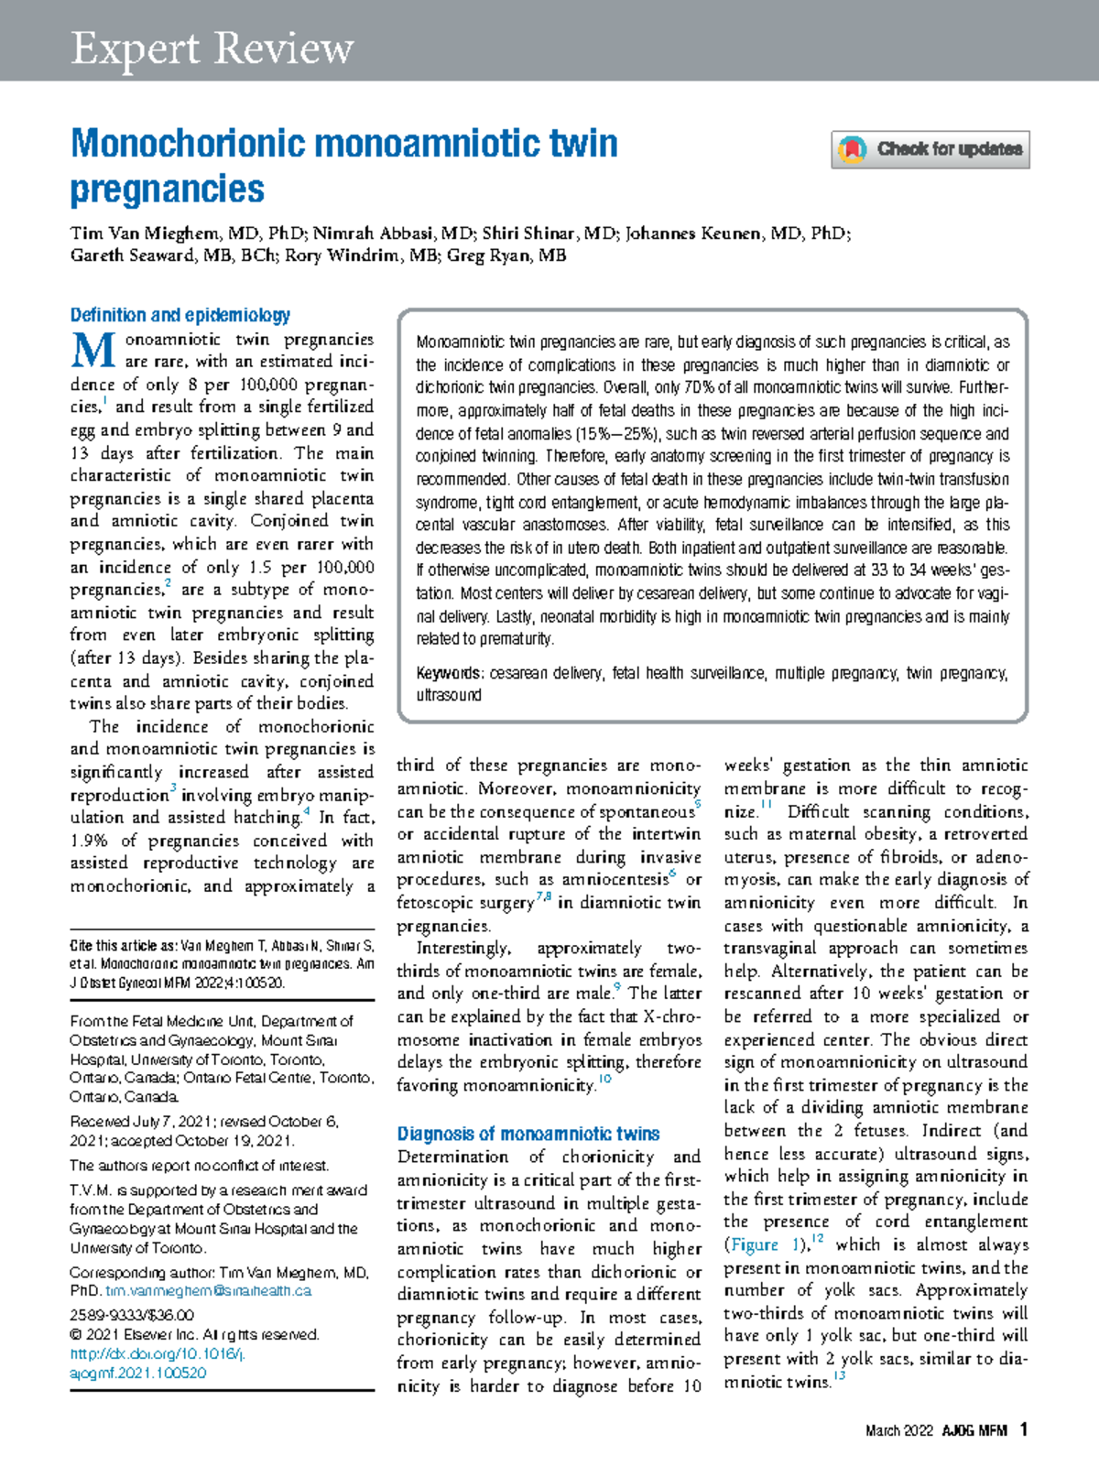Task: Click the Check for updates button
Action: click(930, 149)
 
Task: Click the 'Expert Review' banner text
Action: click(212, 49)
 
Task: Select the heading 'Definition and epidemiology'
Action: click(180, 315)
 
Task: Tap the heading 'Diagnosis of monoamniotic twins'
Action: click(528, 1134)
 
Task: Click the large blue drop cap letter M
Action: click(92, 350)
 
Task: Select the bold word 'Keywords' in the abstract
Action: click(448, 673)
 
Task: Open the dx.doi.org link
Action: click(157, 1354)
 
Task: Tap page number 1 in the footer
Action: click(1023, 1429)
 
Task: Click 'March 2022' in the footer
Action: click(898, 1431)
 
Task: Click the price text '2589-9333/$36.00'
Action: click(132, 1315)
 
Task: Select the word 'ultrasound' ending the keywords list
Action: click(449, 695)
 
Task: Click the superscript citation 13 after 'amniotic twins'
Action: click(839, 1376)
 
